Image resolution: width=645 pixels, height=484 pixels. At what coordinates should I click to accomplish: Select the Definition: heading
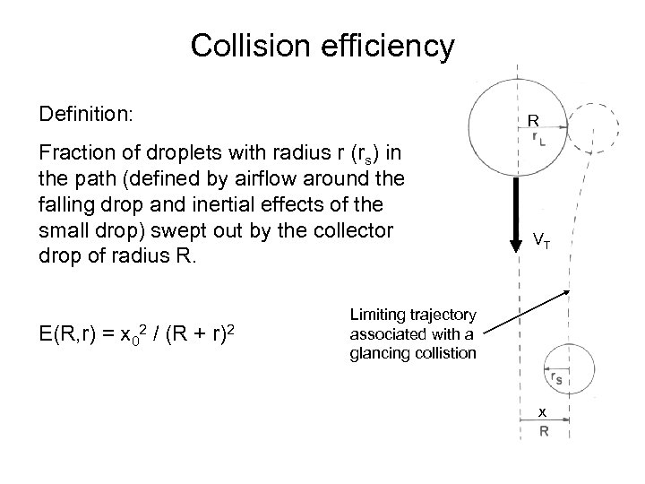(x=86, y=116)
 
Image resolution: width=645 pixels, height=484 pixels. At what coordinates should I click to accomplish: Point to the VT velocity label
(x=541, y=240)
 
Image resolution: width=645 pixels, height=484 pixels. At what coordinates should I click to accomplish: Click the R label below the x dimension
(x=543, y=430)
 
